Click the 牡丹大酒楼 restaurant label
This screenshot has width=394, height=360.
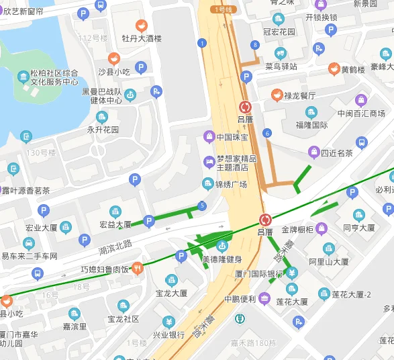[x=142, y=38]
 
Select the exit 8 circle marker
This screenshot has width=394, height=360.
[x=255, y=45]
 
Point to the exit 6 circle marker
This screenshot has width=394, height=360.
[x=267, y=133]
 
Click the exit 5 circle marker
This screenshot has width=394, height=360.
[x=202, y=206]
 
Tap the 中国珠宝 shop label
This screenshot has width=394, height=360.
[x=232, y=137]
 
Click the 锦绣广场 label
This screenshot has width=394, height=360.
[x=231, y=184]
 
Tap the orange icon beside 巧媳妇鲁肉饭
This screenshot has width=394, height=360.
[x=138, y=268]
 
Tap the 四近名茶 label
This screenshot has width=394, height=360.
[x=336, y=152]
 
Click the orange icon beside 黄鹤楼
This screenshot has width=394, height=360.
[x=334, y=69]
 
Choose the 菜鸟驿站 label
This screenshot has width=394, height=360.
[x=281, y=66]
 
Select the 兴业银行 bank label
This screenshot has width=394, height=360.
[x=168, y=334]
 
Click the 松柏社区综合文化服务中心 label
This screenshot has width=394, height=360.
[x=54, y=77]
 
